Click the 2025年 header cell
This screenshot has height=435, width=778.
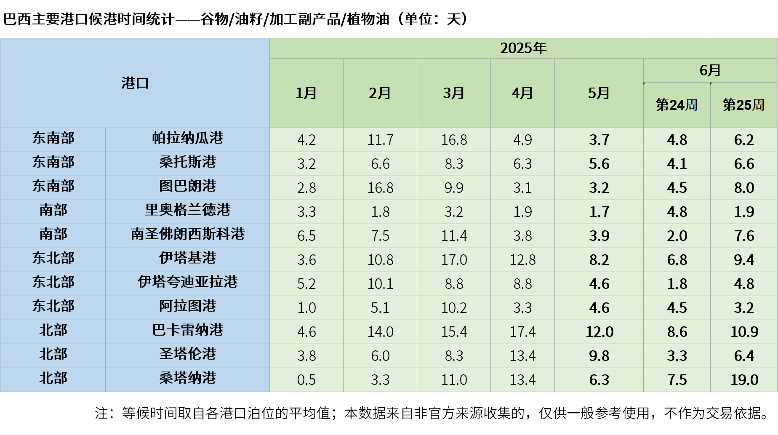[523, 48]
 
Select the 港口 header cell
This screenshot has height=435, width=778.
[135, 83]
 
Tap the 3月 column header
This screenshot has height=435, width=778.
[453, 93]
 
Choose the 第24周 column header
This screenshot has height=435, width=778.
[677, 105]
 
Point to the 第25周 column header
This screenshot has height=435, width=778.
[743, 105]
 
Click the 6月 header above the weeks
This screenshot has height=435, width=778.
[710, 70]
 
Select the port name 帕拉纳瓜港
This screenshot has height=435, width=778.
[187, 138]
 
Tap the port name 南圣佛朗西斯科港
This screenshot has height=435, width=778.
[187, 234]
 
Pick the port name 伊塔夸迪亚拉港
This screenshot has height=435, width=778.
[187, 282]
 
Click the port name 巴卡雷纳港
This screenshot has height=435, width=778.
[187, 330]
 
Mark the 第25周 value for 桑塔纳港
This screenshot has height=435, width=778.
[744, 380]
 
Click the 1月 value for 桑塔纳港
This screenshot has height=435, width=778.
[306, 380]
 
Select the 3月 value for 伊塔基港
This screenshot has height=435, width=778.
[454, 260]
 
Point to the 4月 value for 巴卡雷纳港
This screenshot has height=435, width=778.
[522, 332]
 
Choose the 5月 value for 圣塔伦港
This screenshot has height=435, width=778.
[599, 356]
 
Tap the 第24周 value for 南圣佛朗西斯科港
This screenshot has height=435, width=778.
[677, 236]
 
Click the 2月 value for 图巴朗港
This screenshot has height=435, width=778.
[380, 188]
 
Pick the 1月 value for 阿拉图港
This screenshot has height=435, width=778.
[306, 308]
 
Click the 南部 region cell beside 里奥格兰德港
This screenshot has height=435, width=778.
[53, 210]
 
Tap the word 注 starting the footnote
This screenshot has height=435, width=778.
[101, 413]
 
